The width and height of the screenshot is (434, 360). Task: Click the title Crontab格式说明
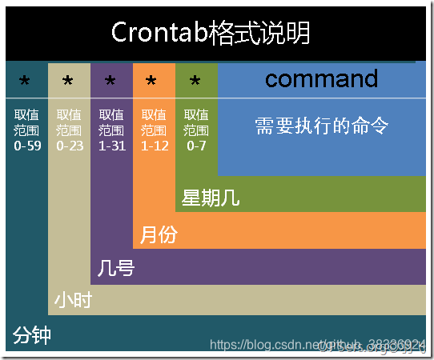tap(210, 33)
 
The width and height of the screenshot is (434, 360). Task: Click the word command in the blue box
tap(321, 78)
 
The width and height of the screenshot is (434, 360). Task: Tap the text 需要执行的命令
tap(321, 126)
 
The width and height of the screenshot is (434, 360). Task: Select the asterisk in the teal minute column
tap(25, 82)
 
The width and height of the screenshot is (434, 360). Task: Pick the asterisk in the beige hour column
tap(67, 82)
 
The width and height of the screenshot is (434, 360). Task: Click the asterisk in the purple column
tap(111, 82)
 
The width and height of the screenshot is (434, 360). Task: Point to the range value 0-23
tap(69, 146)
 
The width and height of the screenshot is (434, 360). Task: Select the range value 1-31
tap(111, 146)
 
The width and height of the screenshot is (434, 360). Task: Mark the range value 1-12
tap(154, 146)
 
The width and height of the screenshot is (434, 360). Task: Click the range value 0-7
tap(196, 146)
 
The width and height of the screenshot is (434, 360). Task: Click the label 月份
tap(159, 234)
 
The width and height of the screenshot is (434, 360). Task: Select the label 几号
tap(115, 267)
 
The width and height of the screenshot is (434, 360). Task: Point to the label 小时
tap(73, 301)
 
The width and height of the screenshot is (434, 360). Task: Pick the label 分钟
tap(32, 335)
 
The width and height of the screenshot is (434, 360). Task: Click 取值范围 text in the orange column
tap(154, 122)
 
